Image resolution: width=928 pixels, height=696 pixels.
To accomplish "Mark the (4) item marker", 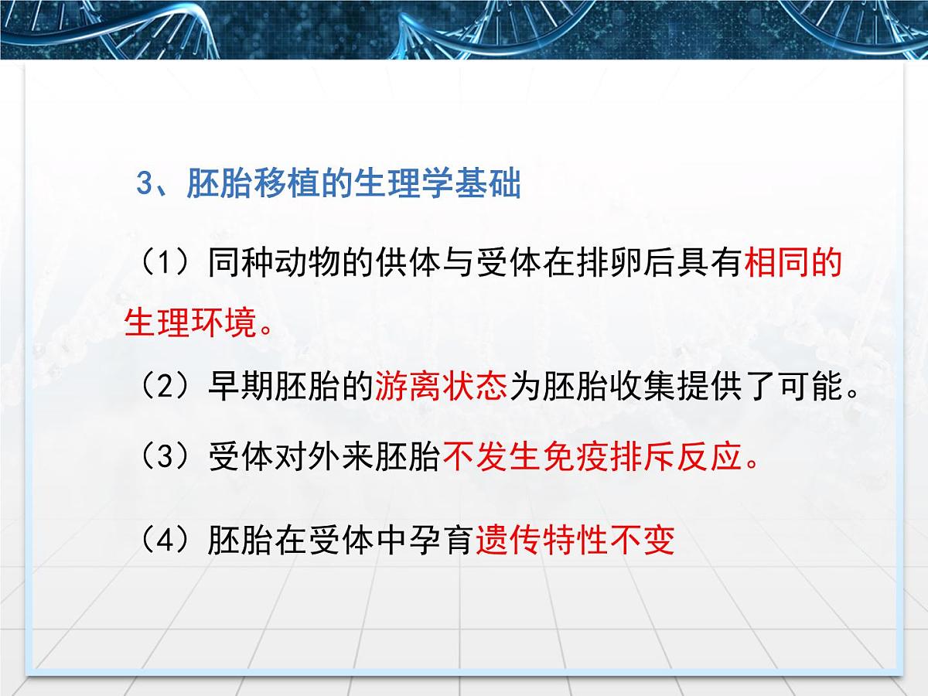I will click(163, 541).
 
